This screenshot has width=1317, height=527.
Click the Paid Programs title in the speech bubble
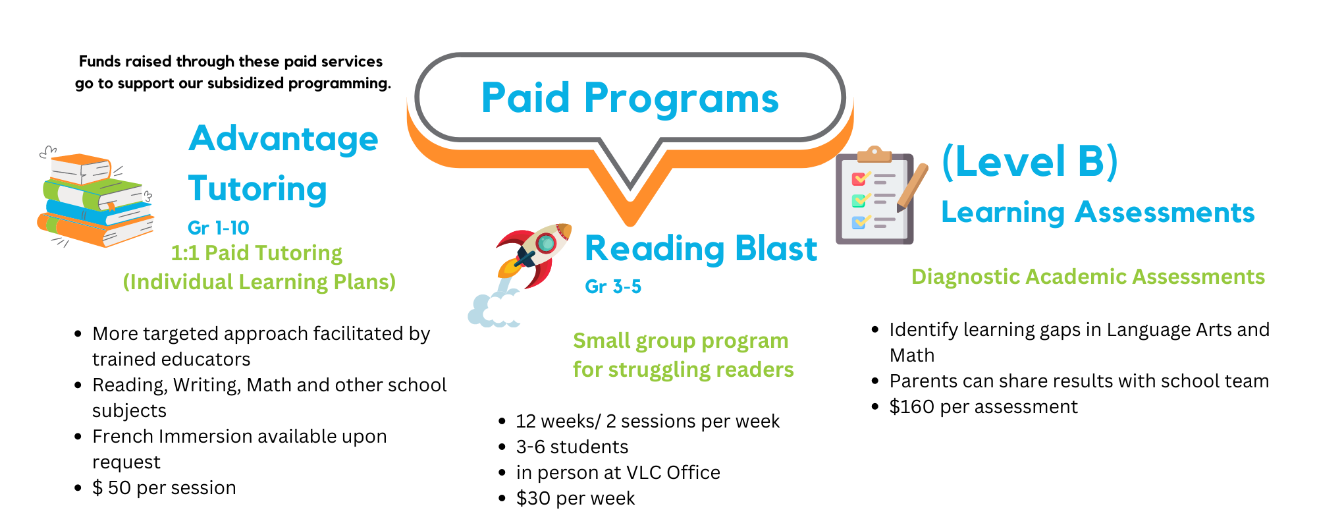coord(630,99)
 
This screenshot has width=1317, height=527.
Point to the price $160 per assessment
coord(983,407)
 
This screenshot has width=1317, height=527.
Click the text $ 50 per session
coord(164,488)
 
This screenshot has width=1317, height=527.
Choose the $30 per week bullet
coord(575,499)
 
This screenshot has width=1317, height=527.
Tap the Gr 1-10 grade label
coord(218,228)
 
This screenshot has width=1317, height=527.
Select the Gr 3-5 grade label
coord(612,287)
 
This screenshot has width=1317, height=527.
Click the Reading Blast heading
coord(701,249)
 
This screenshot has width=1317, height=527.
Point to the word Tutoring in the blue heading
coord(257,190)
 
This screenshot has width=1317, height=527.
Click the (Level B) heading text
coord(1030,161)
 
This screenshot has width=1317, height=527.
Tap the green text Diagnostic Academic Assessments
coord(1088,277)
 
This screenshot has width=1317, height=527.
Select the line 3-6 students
coord(572,447)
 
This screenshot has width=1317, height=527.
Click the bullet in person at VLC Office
coord(618,473)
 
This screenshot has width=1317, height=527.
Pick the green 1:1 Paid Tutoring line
coord(256,253)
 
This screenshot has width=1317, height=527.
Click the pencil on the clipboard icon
coord(912,187)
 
